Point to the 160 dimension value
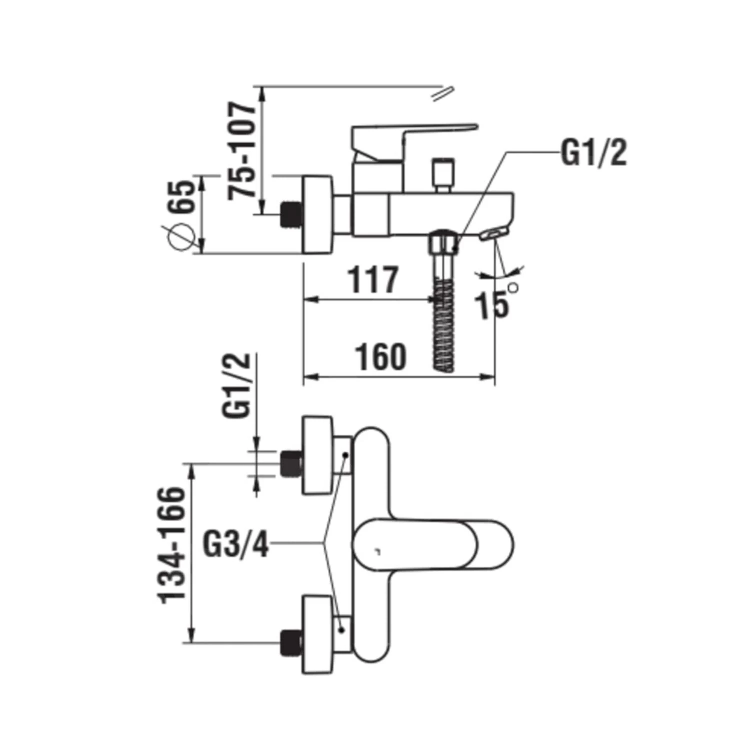tap(380, 357)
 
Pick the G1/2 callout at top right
tap(593, 152)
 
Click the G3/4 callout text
tap(236, 544)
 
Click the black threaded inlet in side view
tap(292, 214)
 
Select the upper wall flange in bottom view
tap(318, 455)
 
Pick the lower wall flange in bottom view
tap(318, 635)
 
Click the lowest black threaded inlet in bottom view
tap(292, 642)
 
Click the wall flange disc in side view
tap(318, 215)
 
